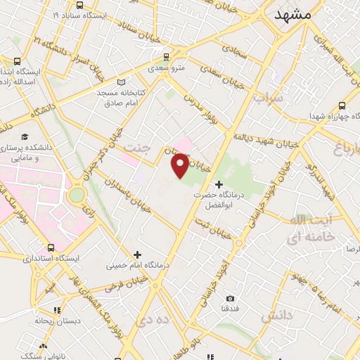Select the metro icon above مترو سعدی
[166, 57]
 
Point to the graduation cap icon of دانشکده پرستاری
[25, 136]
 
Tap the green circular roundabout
[77, 194]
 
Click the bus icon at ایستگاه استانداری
[51, 247]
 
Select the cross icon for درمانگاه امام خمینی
[137, 255]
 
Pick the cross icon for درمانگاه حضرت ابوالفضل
[219, 184]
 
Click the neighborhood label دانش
[276, 317]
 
